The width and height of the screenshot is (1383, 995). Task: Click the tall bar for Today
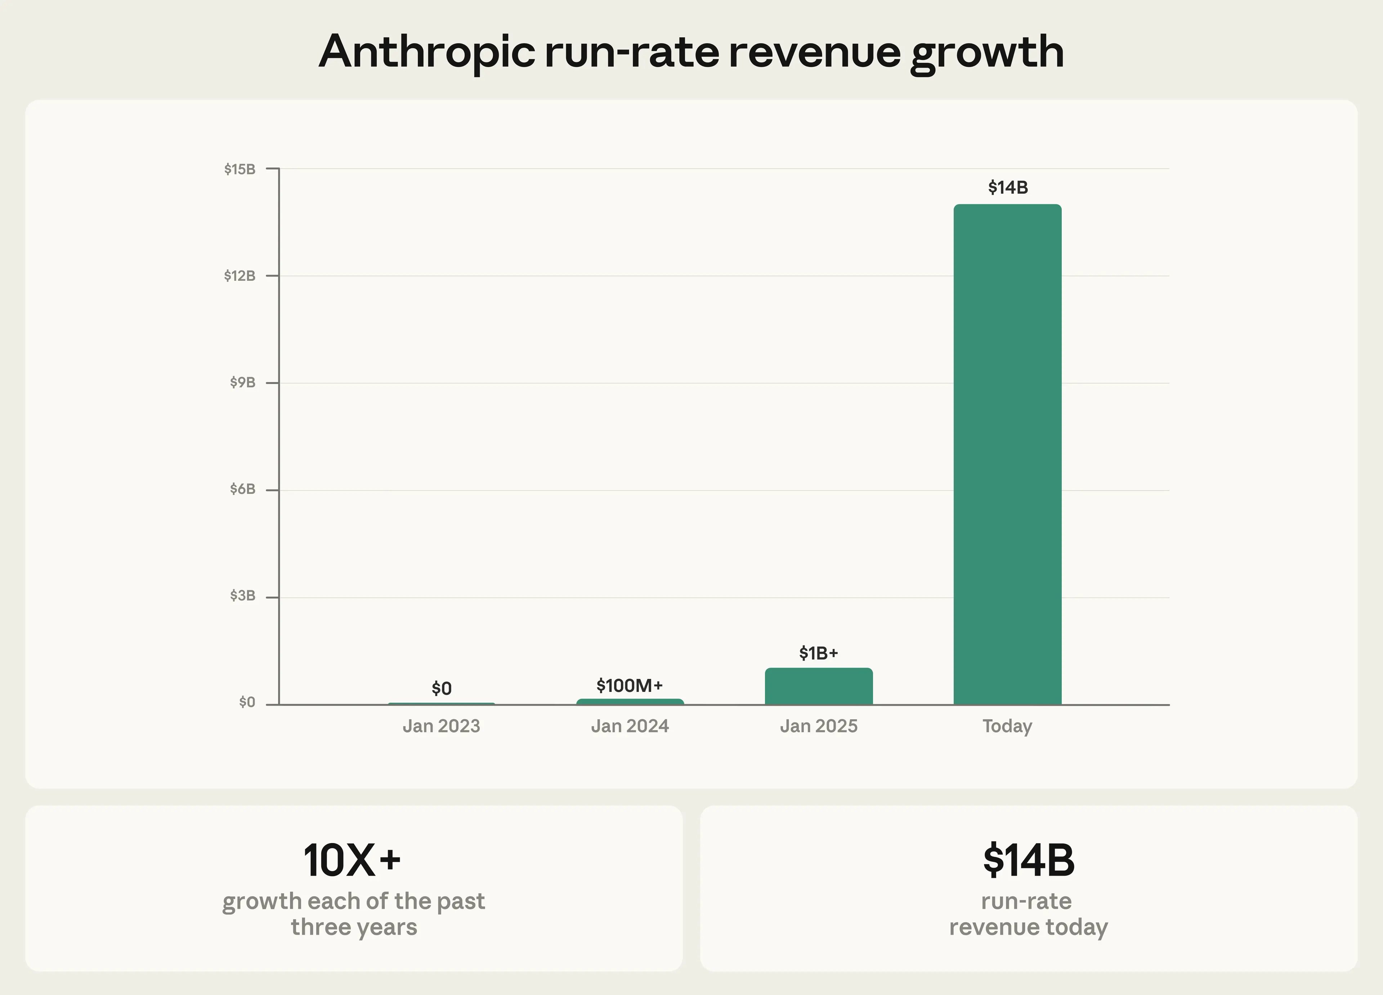click(x=1007, y=454)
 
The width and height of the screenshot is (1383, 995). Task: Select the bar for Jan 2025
click(x=818, y=686)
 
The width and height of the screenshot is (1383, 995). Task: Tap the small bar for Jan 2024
click(x=630, y=702)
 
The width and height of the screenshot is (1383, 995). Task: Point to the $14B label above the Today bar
click(x=1007, y=187)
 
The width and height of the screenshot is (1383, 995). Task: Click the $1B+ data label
click(x=818, y=653)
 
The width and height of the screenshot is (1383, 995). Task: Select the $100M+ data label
click(x=629, y=685)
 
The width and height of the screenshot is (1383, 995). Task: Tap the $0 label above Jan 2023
click(x=442, y=688)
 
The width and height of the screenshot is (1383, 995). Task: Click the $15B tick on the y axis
click(x=240, y=169)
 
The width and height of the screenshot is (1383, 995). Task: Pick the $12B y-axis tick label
click(x=240, y=276)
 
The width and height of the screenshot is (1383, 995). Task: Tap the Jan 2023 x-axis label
click(x=442, y=726)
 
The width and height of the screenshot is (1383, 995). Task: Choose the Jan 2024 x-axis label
click(x=630, y=726)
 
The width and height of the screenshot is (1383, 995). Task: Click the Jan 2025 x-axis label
click(x=818, y=726)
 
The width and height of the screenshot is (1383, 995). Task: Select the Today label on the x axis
click(x=1007, y=726)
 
